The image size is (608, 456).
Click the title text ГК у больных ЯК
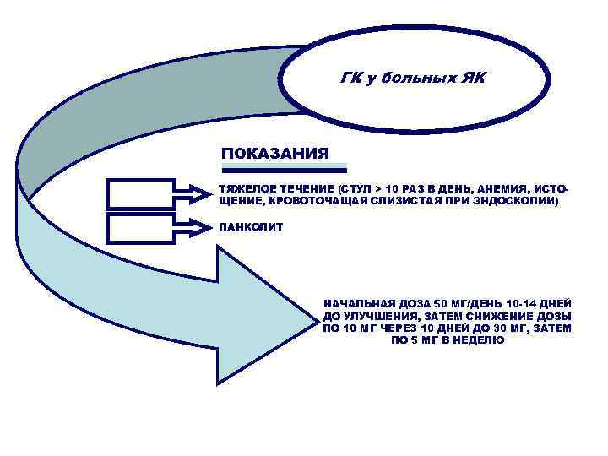pyautogui.click(x=411, y=79)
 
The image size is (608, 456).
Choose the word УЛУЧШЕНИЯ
pyautogui.click(x=378, y=316)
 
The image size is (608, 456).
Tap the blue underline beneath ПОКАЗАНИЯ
pyautogui.click(x=284, y=165)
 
